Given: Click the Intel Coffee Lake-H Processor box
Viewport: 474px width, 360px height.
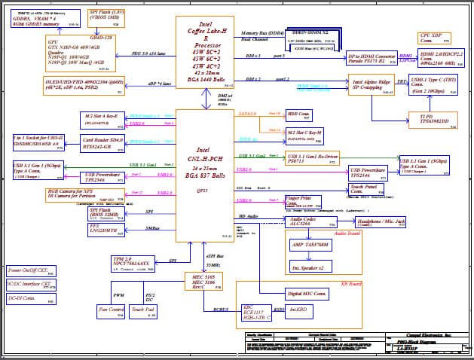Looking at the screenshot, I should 203,50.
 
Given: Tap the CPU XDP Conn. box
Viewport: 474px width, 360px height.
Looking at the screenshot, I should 431,38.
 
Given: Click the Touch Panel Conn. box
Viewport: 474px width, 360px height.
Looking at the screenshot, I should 367,188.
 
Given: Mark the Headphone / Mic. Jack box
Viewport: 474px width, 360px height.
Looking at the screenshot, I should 378,221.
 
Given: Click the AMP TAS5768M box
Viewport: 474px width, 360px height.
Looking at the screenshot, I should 309,246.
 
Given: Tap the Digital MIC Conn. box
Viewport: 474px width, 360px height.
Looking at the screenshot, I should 306,292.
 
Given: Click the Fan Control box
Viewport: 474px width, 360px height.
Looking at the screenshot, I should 111,309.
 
